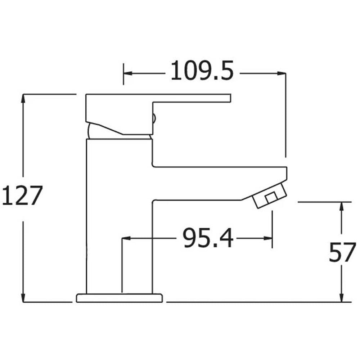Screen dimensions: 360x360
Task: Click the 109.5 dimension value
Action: (202, 71)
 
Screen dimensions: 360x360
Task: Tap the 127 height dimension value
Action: (22, 195)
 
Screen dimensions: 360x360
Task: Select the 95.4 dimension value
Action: (208, 238)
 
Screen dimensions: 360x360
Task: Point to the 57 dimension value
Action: (342, 252)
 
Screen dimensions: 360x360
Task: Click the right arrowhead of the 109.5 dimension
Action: (281, 73)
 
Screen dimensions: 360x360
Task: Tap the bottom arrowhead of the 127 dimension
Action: (23, 297)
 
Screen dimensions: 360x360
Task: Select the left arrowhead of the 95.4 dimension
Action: (126, 238)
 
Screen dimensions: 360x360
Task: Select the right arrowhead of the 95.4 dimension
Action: (268, 238)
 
